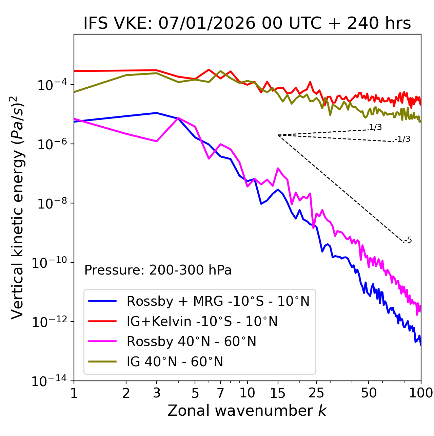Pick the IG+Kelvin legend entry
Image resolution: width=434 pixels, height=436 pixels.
coord(202,321)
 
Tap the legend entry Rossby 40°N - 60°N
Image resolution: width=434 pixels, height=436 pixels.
coord(191,342)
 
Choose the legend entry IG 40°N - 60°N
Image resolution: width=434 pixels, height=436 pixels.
coord(175,362)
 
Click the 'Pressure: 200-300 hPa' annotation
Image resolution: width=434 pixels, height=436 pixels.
coord(158,270)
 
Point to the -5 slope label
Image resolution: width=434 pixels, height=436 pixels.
coord(408,240)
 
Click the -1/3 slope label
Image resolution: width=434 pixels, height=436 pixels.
coord(402,139)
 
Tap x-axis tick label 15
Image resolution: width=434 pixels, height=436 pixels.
coord(278,393)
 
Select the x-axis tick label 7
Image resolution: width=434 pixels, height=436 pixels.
coord(220,393)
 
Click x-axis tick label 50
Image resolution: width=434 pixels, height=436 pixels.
coord(369,393)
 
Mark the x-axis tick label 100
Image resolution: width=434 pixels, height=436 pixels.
coord(421,393)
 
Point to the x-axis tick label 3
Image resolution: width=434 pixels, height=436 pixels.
coord(157,393)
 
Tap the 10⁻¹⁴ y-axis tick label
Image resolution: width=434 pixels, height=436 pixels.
coord(49,381)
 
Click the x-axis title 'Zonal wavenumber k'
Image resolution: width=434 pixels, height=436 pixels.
coord(247,411)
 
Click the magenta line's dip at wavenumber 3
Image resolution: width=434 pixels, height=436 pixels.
coord(157,141)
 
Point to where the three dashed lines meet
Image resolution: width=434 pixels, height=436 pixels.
coord(278,135)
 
